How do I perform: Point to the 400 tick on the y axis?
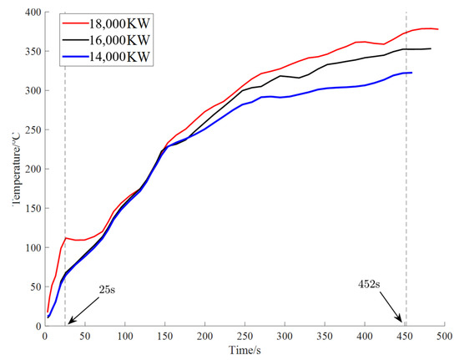click(x=31, y=13)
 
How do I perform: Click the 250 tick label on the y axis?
click(x=31, y=129)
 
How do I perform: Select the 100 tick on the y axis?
click(x=31, y=247)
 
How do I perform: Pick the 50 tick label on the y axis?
click(x=33, y=286)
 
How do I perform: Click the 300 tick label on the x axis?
click(x=285, y=335)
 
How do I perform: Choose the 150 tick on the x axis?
click(x=164, y=335)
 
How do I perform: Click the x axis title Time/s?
click(x=244, y=350)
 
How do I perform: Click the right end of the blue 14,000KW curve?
click(x=412, y=73)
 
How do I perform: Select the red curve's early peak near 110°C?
click(x=65, y=238)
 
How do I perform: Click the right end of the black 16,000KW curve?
click(x=431, y=48)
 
